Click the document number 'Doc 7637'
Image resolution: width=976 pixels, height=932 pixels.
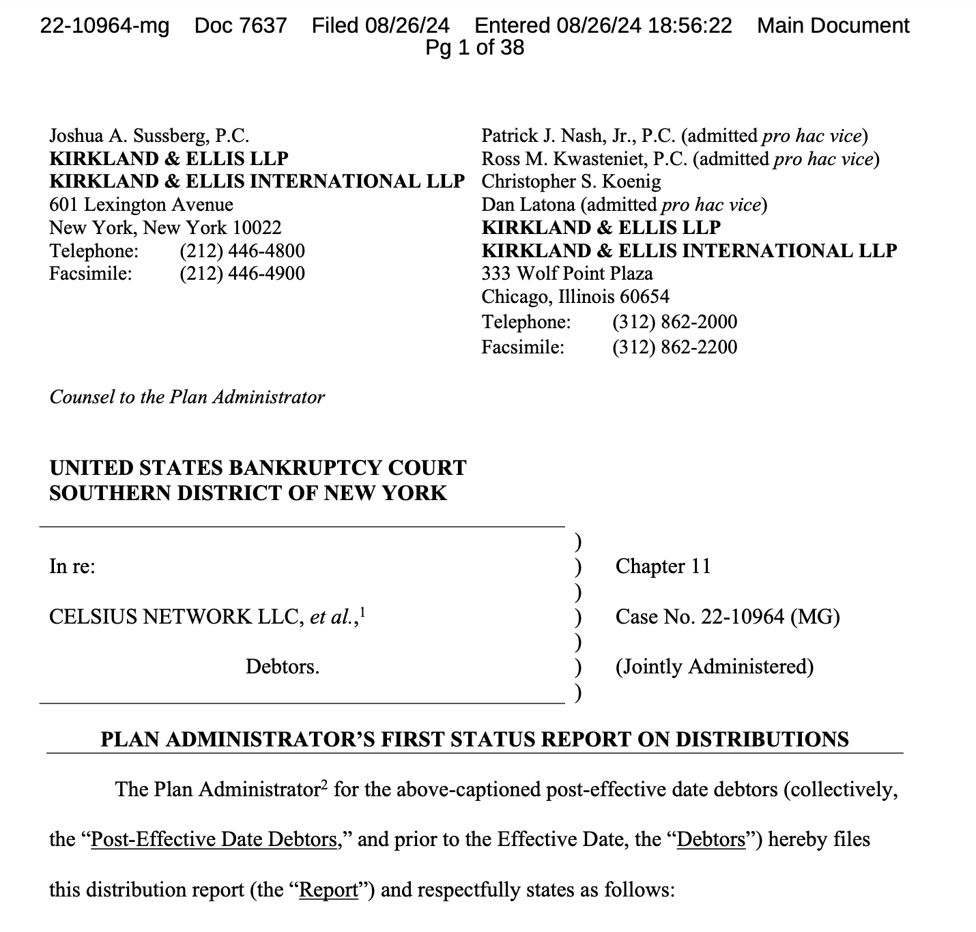240,26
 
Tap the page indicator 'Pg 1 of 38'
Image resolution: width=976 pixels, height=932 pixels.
474,48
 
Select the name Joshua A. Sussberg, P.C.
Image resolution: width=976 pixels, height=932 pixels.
149,136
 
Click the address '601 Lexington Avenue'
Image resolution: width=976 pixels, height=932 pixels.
141,205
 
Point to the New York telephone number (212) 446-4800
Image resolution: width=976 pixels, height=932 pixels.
242,251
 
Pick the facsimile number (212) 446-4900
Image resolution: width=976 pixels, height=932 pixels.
242,274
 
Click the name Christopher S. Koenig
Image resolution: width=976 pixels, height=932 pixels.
571,181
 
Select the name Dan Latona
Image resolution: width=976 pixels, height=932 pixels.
528,205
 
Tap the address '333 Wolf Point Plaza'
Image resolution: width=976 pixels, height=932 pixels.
566,274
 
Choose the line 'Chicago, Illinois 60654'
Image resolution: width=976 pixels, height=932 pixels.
575,297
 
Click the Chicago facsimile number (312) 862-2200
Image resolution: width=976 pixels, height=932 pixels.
674,347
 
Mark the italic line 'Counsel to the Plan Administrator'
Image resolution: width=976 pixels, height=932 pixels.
187,397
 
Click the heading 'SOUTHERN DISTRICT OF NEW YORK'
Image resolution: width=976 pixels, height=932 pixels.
248,493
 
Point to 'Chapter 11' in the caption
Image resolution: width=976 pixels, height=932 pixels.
662,566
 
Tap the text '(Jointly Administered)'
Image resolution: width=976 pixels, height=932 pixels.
714,667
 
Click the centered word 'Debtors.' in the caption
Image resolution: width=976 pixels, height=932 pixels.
283,667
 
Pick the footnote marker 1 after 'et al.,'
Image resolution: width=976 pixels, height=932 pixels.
362,611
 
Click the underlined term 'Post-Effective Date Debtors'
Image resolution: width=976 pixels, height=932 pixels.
214,839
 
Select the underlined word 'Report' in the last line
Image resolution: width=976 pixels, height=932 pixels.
329,890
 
